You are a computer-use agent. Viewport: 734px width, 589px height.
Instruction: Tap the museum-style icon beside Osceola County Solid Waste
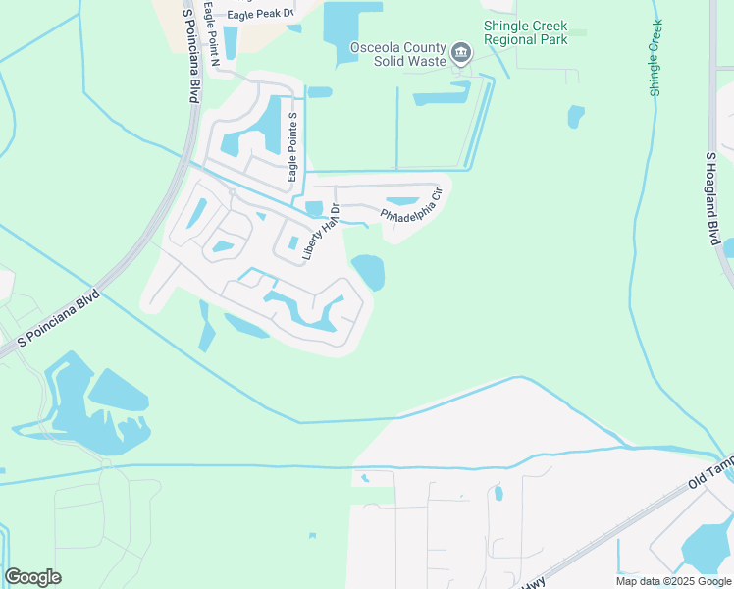(460, 52)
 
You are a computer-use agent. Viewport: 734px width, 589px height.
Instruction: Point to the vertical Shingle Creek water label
(655, 57)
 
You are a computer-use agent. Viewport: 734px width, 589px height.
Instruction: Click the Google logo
(32, 577)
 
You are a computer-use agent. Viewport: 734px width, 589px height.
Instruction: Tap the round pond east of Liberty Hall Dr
(368, 272)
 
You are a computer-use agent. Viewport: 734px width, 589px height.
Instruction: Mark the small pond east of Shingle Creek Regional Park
(576, 116)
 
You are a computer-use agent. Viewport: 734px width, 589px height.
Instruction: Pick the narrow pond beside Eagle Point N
(231, 41)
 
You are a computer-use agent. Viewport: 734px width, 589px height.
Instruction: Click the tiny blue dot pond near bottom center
(312, 536)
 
